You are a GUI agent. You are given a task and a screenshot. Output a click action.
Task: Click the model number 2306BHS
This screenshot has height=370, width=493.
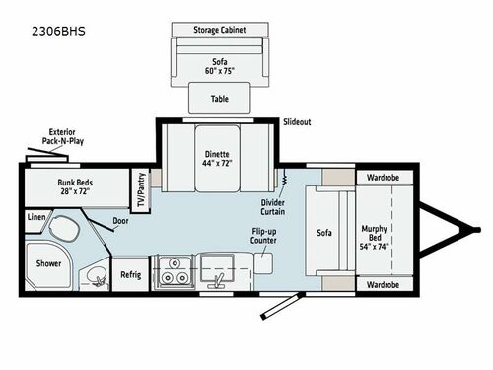click(58, 31)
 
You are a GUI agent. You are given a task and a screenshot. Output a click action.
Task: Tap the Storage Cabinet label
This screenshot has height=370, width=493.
click(220, 30)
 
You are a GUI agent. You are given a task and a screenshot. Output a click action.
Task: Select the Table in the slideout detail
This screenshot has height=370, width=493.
click(220, 98)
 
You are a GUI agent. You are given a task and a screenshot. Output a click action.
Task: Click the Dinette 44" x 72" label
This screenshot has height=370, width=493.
click(217, 158)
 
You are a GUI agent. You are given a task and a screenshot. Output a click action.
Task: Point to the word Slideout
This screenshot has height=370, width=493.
click(297, 122)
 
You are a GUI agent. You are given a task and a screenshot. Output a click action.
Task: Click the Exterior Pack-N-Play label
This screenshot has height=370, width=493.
click(62, 136)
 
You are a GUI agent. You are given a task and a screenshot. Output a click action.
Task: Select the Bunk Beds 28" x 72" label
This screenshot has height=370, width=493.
click(75, 186)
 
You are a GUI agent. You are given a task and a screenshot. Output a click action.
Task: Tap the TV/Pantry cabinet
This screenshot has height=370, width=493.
click(141, 190)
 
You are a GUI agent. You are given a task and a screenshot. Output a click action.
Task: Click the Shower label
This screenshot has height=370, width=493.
click(48, 263)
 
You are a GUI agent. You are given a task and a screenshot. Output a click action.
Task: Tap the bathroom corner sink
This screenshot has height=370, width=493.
click(96, 275)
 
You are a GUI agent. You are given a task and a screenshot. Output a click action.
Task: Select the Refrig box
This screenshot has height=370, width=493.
click(131, 274)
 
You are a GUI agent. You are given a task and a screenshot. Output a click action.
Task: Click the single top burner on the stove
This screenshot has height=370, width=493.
click(175, 263)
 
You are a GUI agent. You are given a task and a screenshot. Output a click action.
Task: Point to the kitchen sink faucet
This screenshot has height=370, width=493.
click(217, 280)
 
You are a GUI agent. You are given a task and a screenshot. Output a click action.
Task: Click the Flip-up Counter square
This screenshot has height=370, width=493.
click(263, 263)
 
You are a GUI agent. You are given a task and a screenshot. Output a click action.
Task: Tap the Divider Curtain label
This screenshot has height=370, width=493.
click(273, 207)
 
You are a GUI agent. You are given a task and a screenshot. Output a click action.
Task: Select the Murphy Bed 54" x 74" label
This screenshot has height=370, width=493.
click(375, 237)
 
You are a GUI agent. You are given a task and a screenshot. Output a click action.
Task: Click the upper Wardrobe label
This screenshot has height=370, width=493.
click(384, 178)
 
